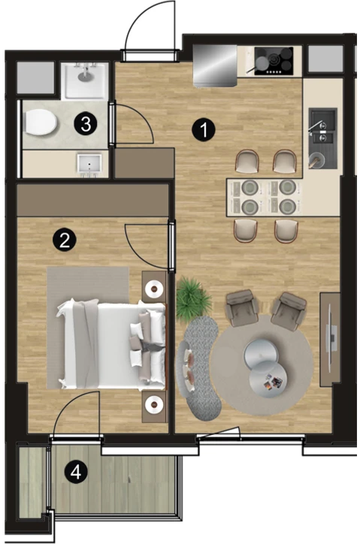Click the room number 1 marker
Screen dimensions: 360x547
coord(204,129)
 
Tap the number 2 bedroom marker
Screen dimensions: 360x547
coord(64,240)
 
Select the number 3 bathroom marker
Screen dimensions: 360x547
coord(86,124)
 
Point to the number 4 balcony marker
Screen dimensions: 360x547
coord(76,473)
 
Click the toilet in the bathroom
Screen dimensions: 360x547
coord(41,122)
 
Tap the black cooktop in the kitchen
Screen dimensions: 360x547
coord(274,61)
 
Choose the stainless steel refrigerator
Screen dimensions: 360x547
coord(215,65)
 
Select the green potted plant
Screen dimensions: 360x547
coord(193,298)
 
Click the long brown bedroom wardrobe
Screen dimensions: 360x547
coord(92,200)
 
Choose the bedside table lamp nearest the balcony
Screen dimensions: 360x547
coord(154,404)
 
